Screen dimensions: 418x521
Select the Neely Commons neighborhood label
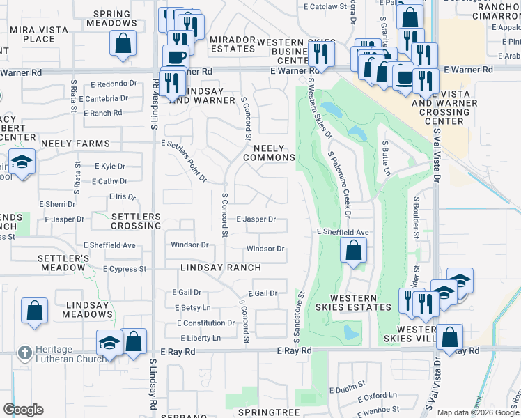pos(269,153)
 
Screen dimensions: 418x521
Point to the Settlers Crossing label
pos(137,222)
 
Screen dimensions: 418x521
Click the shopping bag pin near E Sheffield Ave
pos(354,249)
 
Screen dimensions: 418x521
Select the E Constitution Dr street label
pos(205,323)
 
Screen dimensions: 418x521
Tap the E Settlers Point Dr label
pos(184,161)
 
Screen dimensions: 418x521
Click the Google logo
pos(23,410)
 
